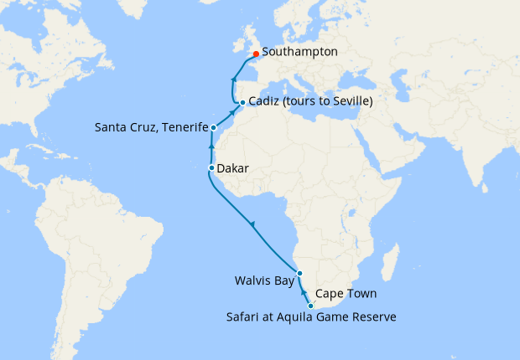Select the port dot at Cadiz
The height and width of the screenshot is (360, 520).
coord(242,103)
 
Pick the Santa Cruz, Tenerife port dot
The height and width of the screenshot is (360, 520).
coord(214,128)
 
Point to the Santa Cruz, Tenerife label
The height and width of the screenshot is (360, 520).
coord(150,127)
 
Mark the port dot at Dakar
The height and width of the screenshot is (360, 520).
coord(211,169)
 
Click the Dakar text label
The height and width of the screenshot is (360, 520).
coord(232,168)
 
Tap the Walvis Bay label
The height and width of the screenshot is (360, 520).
coord(265,281)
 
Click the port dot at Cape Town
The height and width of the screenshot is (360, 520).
coord(311,306)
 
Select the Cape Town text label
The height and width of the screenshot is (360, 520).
coord(346,294)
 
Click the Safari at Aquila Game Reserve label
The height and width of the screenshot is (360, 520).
coord(311,316)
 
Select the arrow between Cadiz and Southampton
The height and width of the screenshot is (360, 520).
coord(231,80)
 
